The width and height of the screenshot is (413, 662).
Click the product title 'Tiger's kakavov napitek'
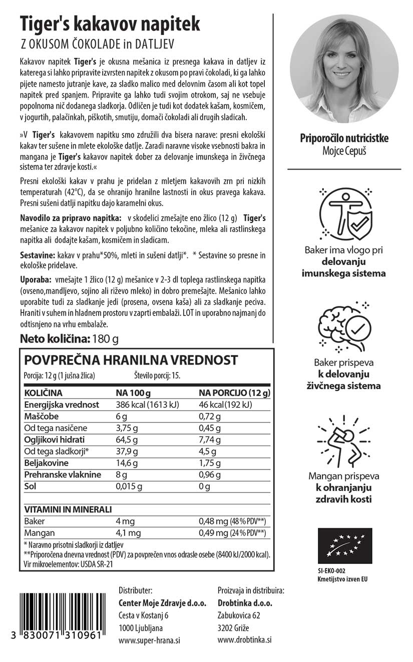pyautogui.click(x=110, y=23)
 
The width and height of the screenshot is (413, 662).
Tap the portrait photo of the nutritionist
pyautogui.click(x=344, y=68)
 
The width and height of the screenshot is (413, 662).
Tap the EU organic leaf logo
pyautogui.click(x=344, y=546)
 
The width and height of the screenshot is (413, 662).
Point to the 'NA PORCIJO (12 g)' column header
pyautogui.click(x=235, y=392)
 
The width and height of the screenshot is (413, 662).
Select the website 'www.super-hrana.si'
pyautogui.click(x=149, y=640)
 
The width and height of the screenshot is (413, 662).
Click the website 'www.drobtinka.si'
pyautogui.click(x=244, y=640)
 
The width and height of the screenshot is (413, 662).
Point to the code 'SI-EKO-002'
pyautogui.click(x=331, y=570)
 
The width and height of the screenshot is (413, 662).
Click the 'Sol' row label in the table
pyautogui.click(x=30, y=486)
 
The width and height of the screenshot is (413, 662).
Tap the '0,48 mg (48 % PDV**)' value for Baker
pyautogui.click(x=232, y=521)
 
